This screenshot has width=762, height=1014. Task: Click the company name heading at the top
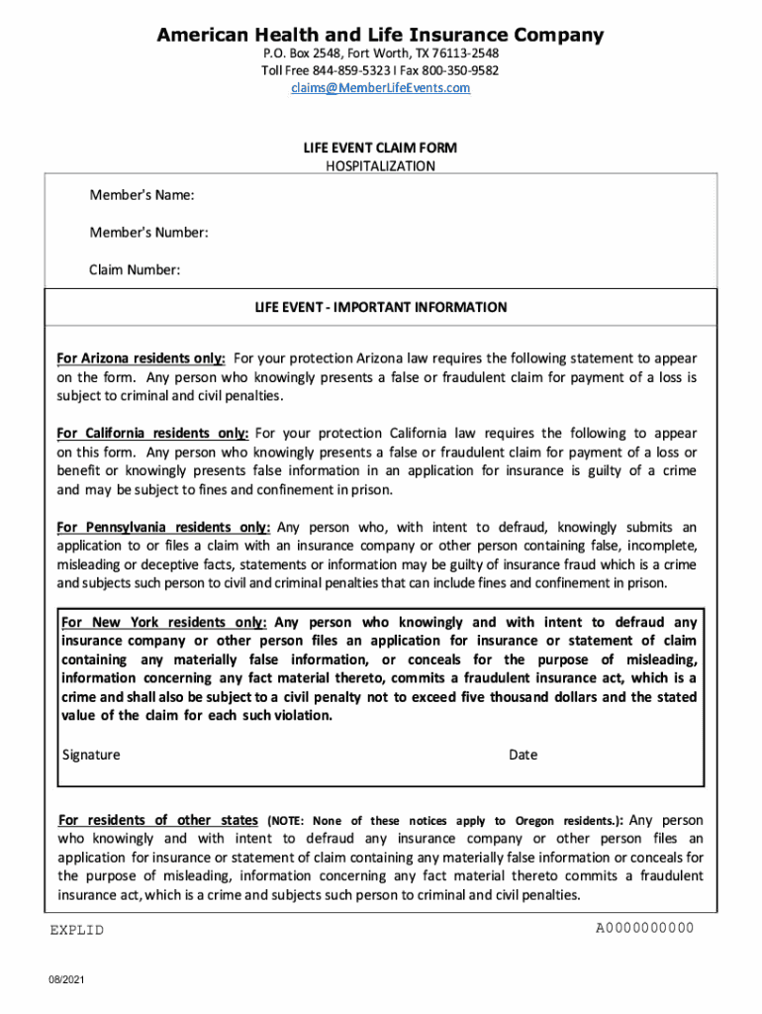pos(380,36)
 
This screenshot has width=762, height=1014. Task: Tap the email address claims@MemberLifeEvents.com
pos(380,88)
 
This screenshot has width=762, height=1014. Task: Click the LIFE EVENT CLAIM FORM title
pos(380,148)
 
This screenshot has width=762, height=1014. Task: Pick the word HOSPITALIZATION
pos(380,166)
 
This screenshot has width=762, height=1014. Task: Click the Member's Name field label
pos(142,195)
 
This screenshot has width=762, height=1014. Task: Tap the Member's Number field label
pos(148,233)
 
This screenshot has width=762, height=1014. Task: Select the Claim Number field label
pos(135,270)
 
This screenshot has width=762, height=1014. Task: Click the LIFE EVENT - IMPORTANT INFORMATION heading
pos(380,308)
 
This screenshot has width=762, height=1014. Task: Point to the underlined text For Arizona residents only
pos(141,358)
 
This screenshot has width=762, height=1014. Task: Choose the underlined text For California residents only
pos(151,434)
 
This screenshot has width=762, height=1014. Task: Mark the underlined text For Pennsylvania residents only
pos(163,528)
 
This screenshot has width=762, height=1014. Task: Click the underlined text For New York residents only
pos(163,623)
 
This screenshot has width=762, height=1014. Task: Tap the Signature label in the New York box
pos(91,755)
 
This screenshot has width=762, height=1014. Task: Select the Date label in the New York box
pos(523,755)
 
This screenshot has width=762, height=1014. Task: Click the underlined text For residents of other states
pos(158,820)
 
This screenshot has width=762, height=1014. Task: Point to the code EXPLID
pos(77,931)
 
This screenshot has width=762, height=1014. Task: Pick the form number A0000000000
pos(644,928)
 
